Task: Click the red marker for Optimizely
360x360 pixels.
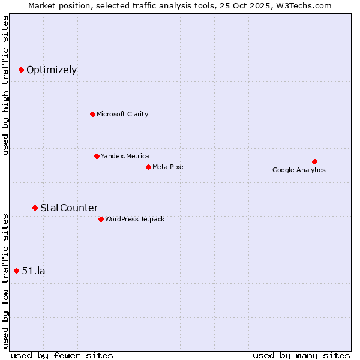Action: (x=21, y=70)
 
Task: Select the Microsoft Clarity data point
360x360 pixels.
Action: (x=92, y=114)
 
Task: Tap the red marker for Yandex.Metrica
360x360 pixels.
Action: (x=97, y=156)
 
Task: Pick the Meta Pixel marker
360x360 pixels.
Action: (x=148, y=167)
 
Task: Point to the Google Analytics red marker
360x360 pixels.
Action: (x=314, y=161)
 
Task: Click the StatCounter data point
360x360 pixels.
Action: (x=35, y=208)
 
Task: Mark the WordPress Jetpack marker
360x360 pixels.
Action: (x=101, y=219)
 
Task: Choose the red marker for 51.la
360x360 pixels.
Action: (x=16, y=271)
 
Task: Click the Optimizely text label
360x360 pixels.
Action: (x=52, y=70)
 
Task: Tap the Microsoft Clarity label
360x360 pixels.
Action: (x=122, y=114)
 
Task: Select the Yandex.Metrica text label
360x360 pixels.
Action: (x=125, y=156)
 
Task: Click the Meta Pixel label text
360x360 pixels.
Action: (x=169, y=167)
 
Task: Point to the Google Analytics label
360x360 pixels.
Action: (x=299, y=170)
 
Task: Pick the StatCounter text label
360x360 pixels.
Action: (x=69, y=208)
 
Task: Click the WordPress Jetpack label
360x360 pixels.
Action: (x=134, y=219)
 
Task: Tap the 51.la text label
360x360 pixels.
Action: (x=34, y=271)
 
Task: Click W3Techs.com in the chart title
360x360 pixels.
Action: (x=309, y=5)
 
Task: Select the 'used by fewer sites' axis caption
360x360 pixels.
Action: (x=62, y=355)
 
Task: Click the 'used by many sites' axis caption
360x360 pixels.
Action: (x=301, y=355)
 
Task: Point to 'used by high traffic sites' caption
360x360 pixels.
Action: (x=5, y=85)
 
